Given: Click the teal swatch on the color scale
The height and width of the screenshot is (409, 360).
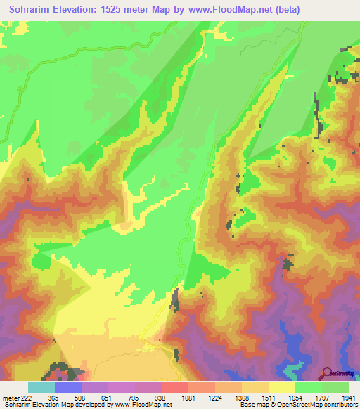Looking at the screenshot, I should pos(41,387).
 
